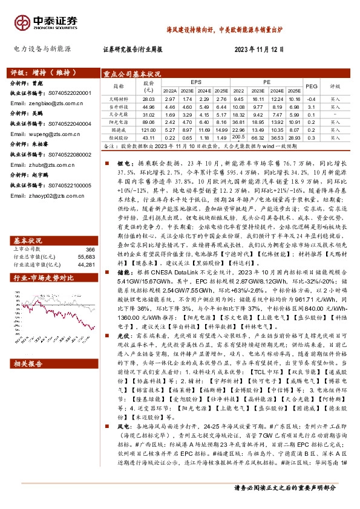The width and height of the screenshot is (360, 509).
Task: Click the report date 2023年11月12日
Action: pos(259,49)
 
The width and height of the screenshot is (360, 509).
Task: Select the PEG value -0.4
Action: pos(311,98)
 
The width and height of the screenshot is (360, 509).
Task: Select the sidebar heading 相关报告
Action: pos(28,363)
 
